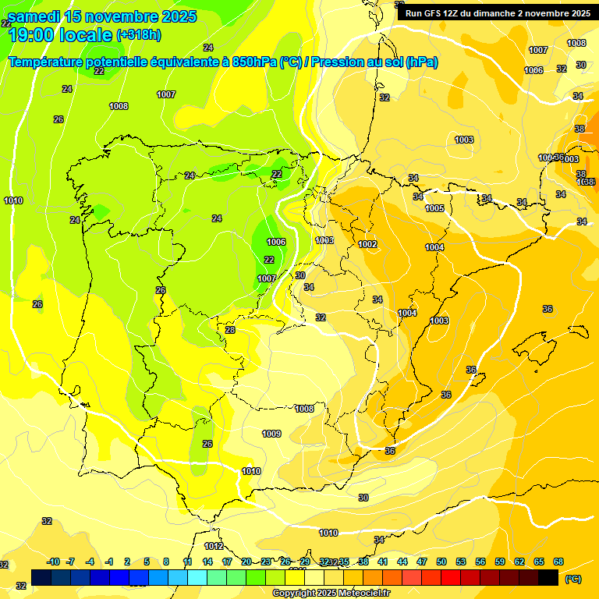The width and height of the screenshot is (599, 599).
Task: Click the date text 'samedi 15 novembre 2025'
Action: [101, 16]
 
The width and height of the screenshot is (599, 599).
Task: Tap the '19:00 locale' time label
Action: [59, 35]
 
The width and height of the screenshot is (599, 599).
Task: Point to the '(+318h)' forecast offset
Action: [139, 35]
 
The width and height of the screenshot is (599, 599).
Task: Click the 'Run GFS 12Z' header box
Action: [496, 12]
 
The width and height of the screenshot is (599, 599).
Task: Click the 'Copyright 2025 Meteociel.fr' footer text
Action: [331, 594]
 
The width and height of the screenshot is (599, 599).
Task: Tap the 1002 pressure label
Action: [368, 244]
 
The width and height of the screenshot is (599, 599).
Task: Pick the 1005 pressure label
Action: [434, 208]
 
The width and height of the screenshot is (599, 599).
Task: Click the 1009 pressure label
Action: [271, 434]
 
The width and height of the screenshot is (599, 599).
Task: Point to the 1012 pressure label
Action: [214, 546]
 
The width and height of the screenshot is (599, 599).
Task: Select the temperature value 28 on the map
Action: [230, 330]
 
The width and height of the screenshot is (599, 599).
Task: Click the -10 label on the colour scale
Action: [54, 562]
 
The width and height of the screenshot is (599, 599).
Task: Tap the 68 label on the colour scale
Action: [558, 562]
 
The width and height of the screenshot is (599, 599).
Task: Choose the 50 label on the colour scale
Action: [441, 562]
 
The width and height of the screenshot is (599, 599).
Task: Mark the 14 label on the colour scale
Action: [207, 562]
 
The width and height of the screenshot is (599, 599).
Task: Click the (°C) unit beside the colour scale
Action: [573, 579]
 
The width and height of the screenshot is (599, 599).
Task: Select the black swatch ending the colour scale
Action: [548, 577]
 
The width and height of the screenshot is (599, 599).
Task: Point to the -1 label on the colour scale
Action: [110, 562]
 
